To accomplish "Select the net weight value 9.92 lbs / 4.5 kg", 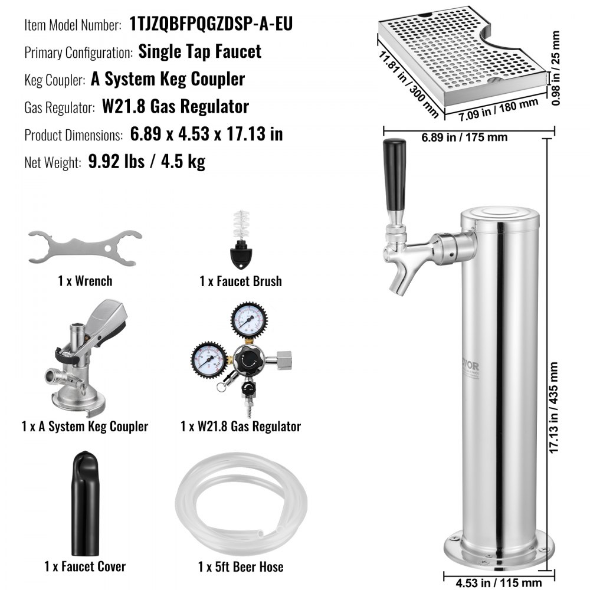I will (147, 162).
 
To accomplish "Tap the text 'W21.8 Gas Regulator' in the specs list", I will (175, 107).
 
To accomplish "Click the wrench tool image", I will (84, 247).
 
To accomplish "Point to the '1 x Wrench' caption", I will (85, 281).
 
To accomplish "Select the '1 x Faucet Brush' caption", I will (240, 281).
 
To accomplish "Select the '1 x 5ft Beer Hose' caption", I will (241, 567).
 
